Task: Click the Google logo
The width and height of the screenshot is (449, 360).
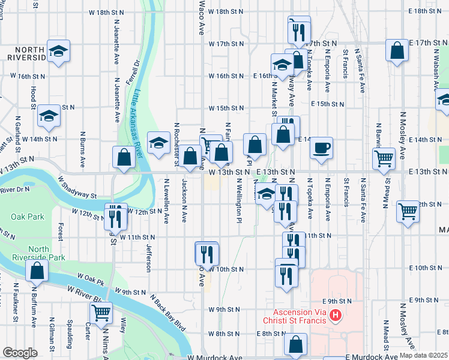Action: tap(20, 353)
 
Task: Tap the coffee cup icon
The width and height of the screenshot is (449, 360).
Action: tap(322, 148)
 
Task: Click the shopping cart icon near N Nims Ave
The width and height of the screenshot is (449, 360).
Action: tap(101, 312)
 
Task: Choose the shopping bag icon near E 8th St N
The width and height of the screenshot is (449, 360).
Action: tap(295, 344)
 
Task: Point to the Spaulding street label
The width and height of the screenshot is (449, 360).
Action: tap(70, 334)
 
